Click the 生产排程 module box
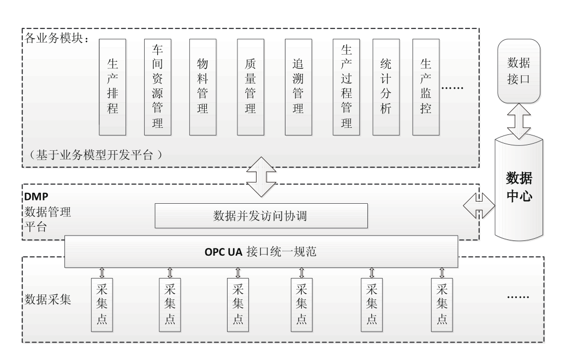click(x=112, y=87)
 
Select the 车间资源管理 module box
click(x=158, y=87)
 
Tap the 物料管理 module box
click(x=203, y=87)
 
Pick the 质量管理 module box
click(x=251, y=87)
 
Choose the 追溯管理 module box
click(x=299, y=87)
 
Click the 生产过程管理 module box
click(x=346, y=87)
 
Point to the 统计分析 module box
click(x=386, y=87)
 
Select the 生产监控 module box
click(x=426, y=87)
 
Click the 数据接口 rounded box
click(x=519, y=71)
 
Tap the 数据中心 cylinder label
click(x=519, y=187)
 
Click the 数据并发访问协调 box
click(x=261, y=216)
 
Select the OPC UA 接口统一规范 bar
click(x=261, y=252)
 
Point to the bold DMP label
click(x=36, y=197)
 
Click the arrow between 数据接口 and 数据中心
click(x=519, y=121)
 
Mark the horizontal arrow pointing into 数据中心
click(x=479, y=205)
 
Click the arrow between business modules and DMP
click(x=261, y=177)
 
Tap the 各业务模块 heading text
click(x=57, y=38)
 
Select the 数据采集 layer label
click(x=47, y=299)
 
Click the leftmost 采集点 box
click(x=102, y=305)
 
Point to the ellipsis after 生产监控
click(x=452, y=88)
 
